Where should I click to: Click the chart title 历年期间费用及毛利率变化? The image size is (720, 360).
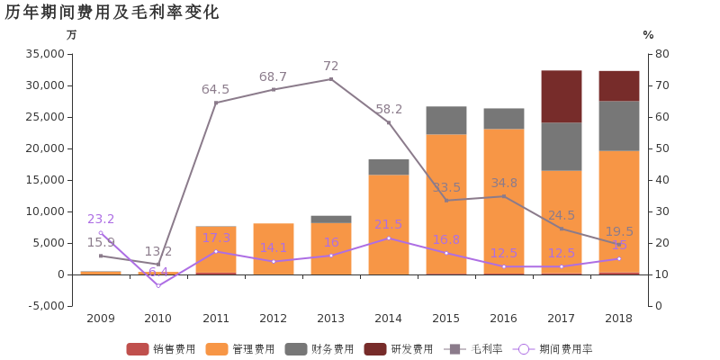(x=112, y=13)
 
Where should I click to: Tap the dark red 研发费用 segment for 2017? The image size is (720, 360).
(x=562, y=96)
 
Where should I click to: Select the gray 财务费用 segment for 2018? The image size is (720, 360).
(x=619, y=126)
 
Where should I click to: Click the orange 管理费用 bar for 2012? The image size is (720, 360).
(x=274, y=248)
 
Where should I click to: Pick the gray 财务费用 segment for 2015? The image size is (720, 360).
(x=446, y=121)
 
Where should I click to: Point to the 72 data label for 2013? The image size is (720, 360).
(x=331, y=67)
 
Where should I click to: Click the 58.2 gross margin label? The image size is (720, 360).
(x=389, y=109)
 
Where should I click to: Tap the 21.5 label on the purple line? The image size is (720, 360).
(x=389, y=224)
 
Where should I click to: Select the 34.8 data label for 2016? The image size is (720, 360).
(x=504, y=183)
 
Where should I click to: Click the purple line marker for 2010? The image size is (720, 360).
(x=158, y=286)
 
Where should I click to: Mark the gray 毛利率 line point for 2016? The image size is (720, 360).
(x=504, y=196)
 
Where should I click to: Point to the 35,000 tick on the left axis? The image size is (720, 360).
(x=46, y=54)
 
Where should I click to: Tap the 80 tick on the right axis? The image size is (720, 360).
(x=661, y=54)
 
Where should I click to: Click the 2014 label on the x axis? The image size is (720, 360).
(x=389, y=319)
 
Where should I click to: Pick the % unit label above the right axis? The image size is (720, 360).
(x=648, y=35)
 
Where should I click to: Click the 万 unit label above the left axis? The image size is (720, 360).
(x=72, y=35)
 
